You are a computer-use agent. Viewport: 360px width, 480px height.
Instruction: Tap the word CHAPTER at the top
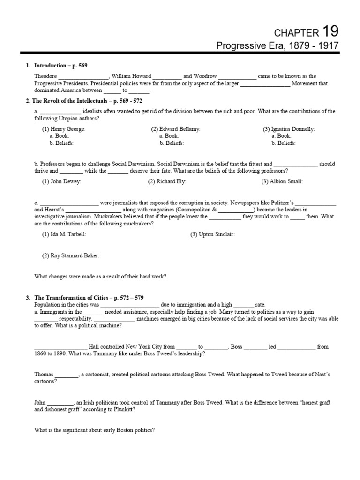tap(295, 33)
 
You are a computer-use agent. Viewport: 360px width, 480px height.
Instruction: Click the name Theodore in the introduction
tap(45, 76)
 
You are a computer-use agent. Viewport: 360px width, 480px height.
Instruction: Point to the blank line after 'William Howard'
tap(167, 76)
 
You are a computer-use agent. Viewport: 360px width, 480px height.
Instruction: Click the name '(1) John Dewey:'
tap(61, 181)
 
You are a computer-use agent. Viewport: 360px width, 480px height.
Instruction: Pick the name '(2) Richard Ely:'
tap(167, 181)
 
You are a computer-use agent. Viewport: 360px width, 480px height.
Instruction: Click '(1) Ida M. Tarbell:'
tap(64, 234)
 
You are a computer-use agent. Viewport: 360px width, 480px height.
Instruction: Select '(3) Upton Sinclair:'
tap(212, 234)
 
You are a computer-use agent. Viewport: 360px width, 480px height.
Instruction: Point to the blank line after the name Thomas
tap(67, 375)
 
